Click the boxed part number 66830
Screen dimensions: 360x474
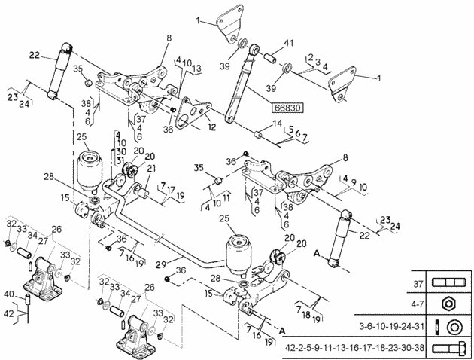coord(286,108)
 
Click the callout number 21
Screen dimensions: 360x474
coord(150,168)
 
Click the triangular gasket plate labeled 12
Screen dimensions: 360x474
coord(197,111)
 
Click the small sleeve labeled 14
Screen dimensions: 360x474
coord(257,136)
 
